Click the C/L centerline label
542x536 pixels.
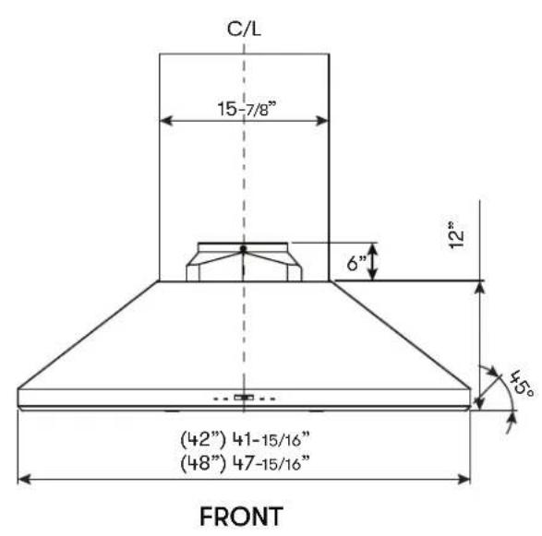[244, 29]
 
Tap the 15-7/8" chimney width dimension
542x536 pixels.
[247, 109]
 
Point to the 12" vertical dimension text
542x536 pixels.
[456, 234]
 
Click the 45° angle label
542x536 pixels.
[523, 384]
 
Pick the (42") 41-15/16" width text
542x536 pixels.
[245, 439]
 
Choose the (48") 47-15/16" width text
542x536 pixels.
[245, 463]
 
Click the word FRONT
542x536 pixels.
[242, 517]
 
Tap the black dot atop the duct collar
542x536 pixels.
[244, 249]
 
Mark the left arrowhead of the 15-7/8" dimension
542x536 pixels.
[166, 121]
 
